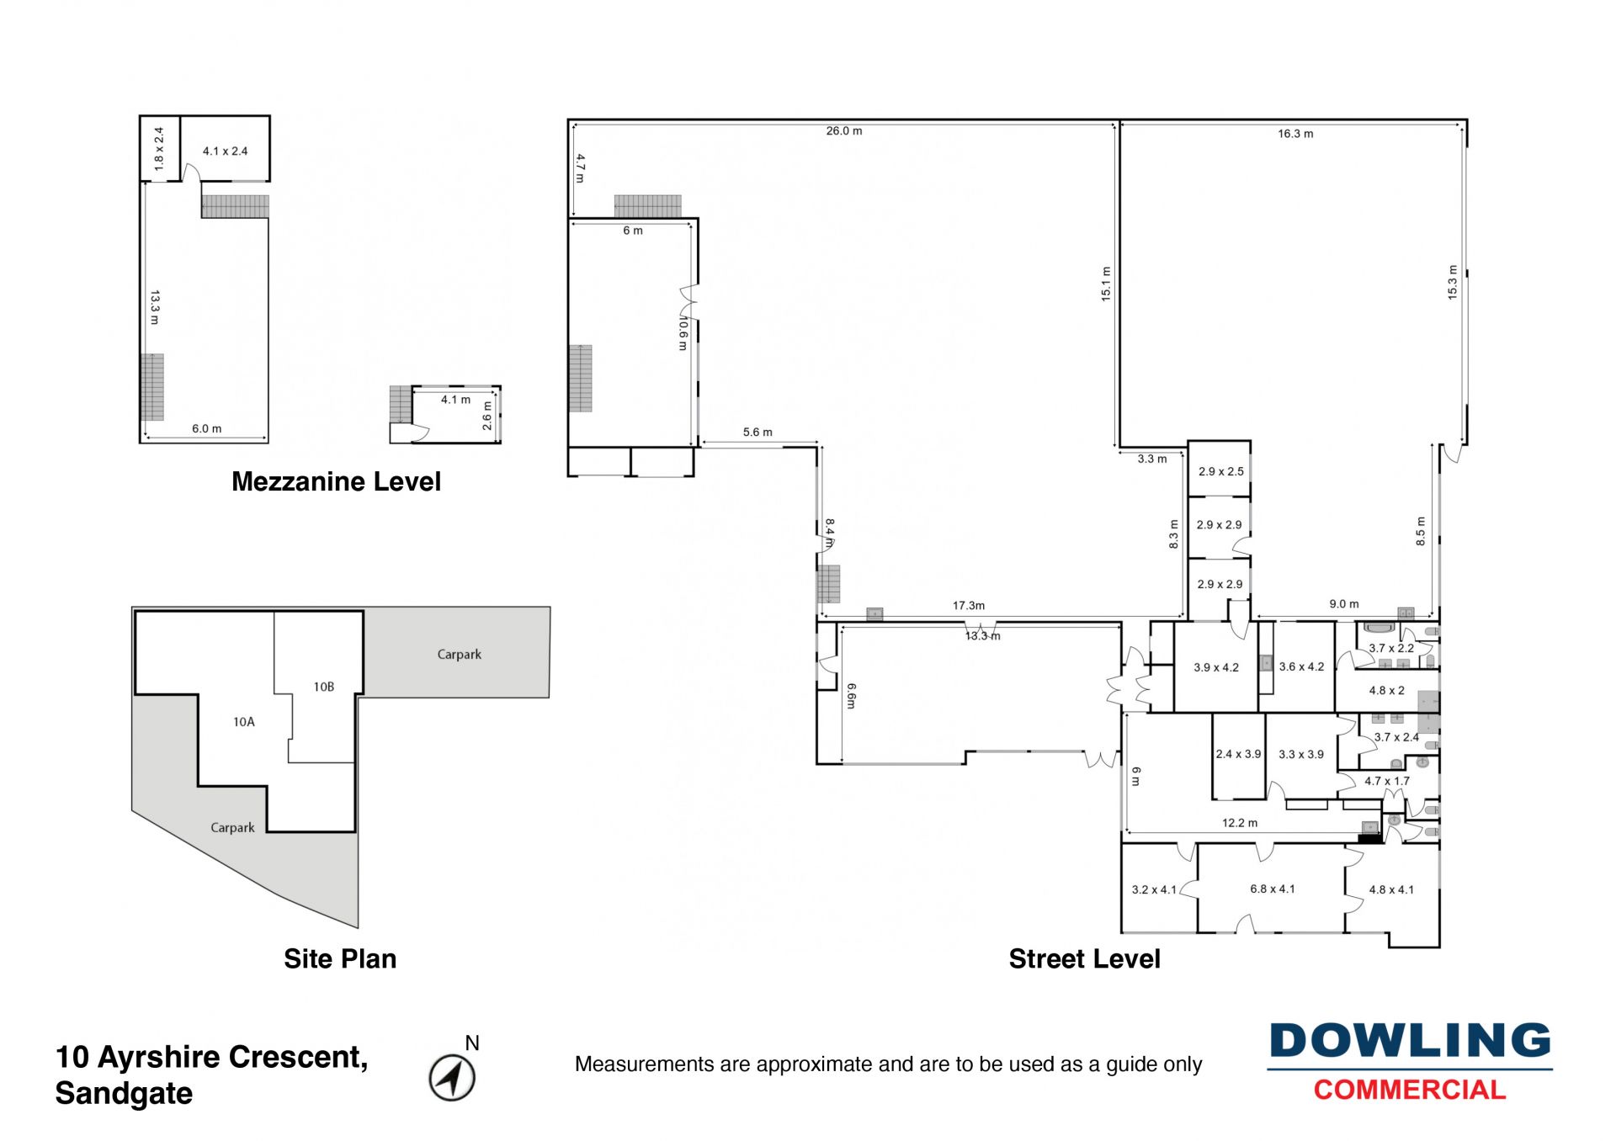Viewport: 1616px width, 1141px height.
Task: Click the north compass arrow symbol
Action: [x=452, y=1077]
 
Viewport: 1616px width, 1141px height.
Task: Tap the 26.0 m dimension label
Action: [x=843, y=131]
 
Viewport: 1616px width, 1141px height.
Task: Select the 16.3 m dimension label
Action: [x=1295, y=134]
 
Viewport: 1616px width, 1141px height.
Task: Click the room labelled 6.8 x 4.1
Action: [x=1272, y=889]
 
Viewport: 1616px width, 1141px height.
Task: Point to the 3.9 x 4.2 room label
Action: [x=1216, y=667]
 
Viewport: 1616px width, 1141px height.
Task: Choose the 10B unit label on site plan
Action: [x=324, y=687]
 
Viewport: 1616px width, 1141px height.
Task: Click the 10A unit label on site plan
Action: [x=244, y=722]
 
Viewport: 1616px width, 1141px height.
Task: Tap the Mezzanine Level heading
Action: [x=336, y=481]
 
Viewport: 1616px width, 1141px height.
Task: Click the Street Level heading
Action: [x=1084, y=958]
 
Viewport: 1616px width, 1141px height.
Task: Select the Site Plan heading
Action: [x=340, y=958]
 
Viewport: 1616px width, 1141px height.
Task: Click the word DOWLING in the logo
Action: [x=1410, y=1041]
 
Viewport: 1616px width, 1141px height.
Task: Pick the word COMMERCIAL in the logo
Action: [x=1410, y=1090]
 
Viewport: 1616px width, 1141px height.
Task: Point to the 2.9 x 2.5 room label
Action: [x=1220, y=471]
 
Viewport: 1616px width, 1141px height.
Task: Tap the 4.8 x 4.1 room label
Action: [x=1391, y=889]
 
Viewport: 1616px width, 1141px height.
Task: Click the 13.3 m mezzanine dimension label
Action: [x=155, y=308]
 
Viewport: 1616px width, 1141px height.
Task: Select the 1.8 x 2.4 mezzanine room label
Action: [x=159, y=150]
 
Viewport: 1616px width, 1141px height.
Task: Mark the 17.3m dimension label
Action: [x=969, y=605]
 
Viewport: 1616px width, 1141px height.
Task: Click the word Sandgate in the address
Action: [x=124, y=1093]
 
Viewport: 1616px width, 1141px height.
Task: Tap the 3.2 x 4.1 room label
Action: [x=1154, y=889]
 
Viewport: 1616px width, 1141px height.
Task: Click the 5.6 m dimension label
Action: [x=757, y=433]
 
